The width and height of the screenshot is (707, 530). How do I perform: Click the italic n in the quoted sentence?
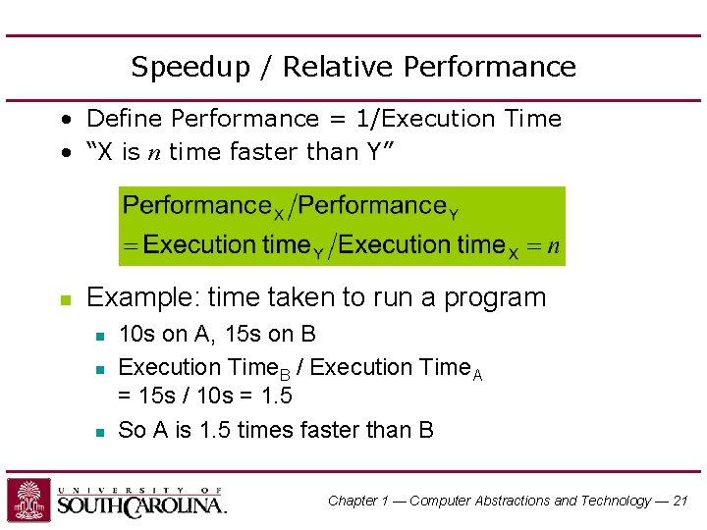pyautogui.click(x=154, y=152)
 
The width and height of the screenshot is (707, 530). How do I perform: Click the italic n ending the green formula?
pyautogui.click(x=554, y=245)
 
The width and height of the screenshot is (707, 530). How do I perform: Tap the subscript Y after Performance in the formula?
pyautogui.click(x=454, y=213)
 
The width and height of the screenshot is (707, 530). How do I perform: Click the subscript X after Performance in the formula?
pyautogui.click(x=278, y=213)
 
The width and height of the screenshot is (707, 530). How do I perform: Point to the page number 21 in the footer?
pyautogui.click(x=680, y=501)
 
